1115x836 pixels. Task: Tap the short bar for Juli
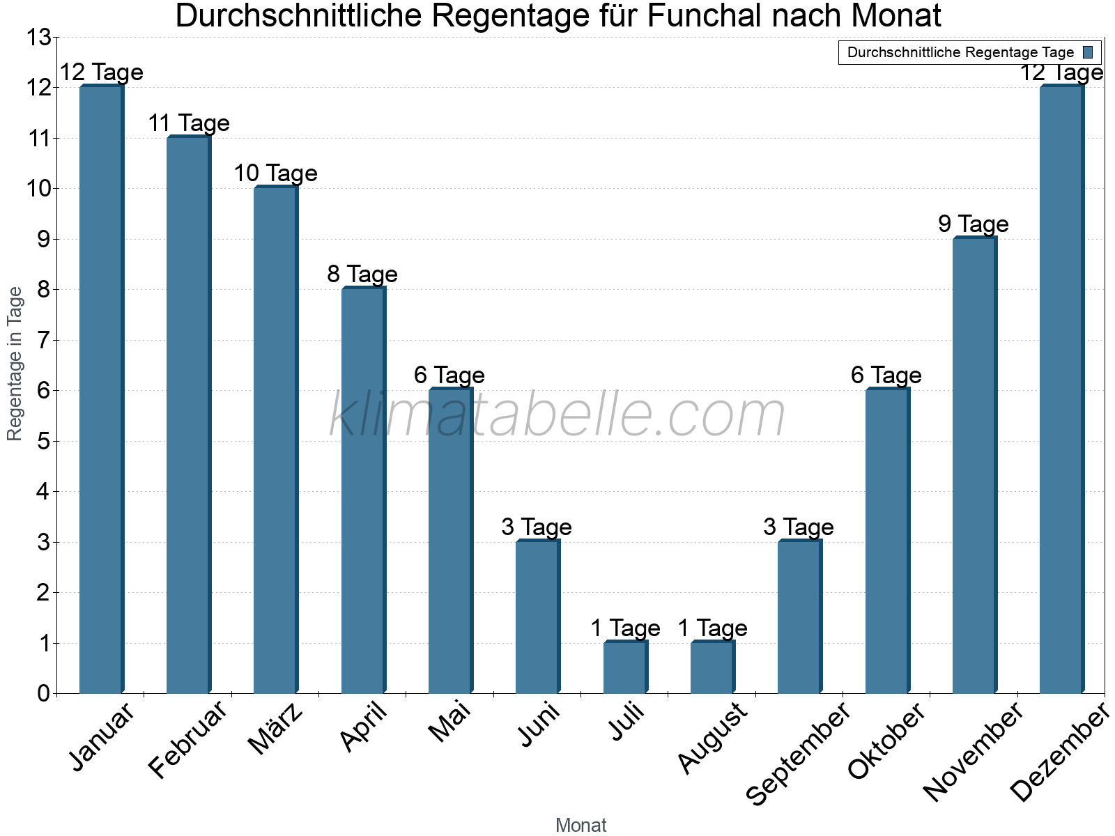625,667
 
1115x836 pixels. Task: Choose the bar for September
799,617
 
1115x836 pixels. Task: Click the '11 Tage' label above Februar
189,123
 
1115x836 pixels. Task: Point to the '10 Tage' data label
275,173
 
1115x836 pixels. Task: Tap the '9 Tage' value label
974,224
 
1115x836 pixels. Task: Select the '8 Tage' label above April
362,274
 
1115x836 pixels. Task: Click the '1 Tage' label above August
712,628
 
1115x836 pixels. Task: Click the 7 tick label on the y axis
44,341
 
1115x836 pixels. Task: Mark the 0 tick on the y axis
44,694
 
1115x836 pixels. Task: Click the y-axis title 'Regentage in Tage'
15,364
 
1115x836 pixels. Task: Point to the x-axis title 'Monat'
580,826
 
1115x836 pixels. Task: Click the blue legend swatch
1088,52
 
